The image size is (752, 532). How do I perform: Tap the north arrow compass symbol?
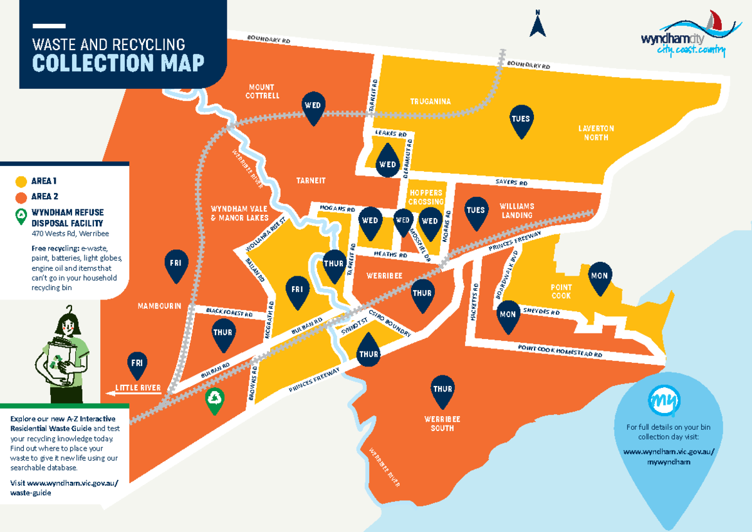tap(538, 24)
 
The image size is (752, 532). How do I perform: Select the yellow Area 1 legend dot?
tap(21, 182)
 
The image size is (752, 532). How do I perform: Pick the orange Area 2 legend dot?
tap(21, 197)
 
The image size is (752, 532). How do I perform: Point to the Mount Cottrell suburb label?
tap(263, 91)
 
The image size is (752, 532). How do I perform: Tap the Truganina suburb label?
tap(431, 102)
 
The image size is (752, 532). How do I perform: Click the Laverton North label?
tap(595, 132)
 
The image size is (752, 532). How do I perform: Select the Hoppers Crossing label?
tap(426, 197)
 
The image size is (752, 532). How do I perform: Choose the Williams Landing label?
tap(516, 211)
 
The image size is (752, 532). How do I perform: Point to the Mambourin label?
tap(159, 306)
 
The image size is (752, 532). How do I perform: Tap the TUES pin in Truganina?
tap(520, 121)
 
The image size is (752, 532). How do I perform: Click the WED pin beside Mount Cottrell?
tap(312, 107)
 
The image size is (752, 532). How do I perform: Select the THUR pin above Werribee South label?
tap(442, 391)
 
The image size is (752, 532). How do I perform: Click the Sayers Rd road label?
tap(511, 182)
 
